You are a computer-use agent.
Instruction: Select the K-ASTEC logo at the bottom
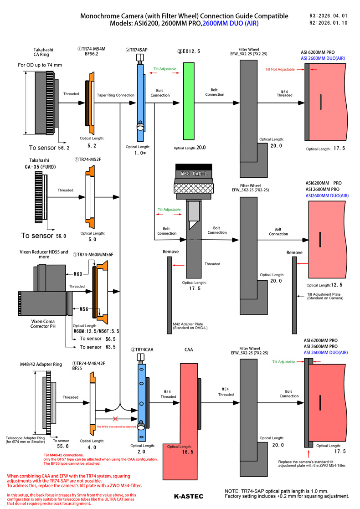[188, 496]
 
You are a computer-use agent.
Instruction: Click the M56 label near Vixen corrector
[84, 309]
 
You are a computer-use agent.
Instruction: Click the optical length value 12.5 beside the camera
[336, 285]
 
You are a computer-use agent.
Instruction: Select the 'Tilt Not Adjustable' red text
[280, 69]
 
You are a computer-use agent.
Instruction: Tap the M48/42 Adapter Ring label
[41, 364]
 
